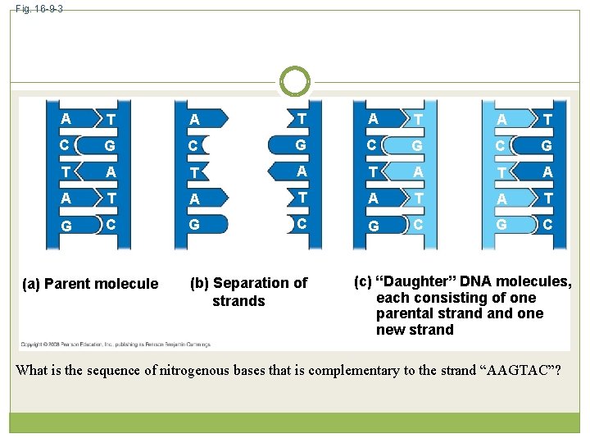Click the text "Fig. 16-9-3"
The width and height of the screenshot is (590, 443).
(x=39, y=8)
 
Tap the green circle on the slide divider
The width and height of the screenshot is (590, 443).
(x=295, y=81)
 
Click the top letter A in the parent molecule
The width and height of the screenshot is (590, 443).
(x=66, y=118)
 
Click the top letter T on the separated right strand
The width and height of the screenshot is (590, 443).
(x=302, y=119)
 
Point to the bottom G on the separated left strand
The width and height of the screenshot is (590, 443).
(x=194, y=225)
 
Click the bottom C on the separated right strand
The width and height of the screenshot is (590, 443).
(x=302, y=224)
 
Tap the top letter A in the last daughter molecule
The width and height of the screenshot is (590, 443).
(x=502, y=120)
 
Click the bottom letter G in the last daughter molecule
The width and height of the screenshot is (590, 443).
(x=502, y=224)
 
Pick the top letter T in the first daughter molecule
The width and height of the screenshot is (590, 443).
(x=418, y=121)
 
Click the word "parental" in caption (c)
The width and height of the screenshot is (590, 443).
(x=404, y=313)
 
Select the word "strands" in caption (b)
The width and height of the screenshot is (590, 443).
(x=238, y=301)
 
